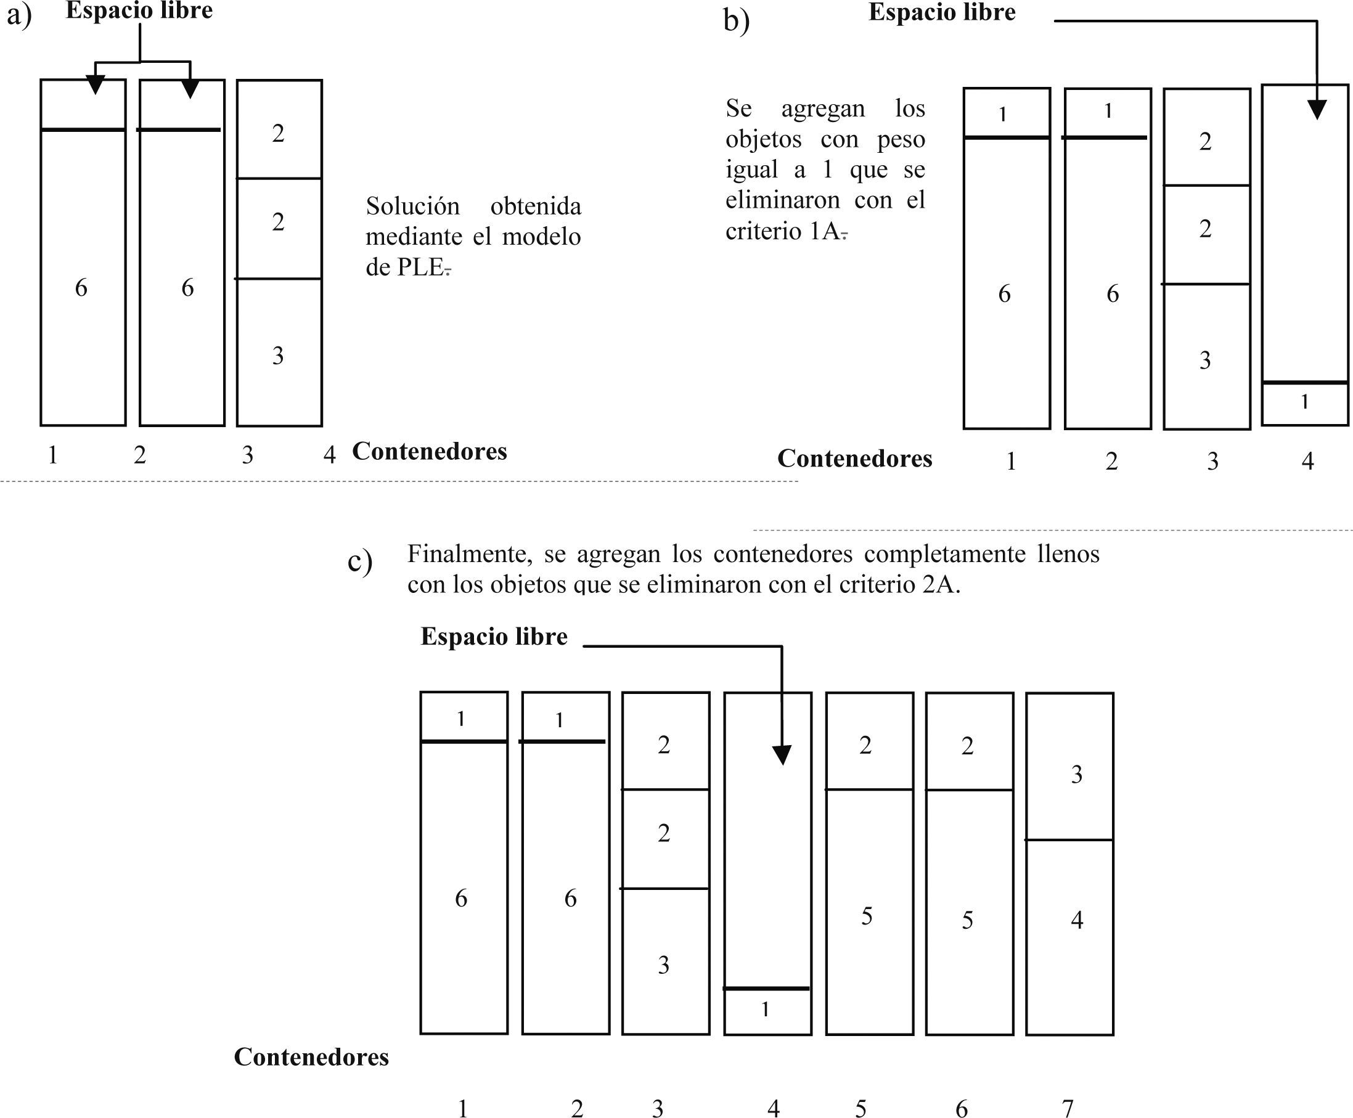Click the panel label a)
[18, 15]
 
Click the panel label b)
[736, 20]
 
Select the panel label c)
[359, 560]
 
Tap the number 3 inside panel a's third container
[277, 356]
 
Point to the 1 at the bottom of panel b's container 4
[1304, 402]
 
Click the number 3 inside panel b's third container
[1205, 360]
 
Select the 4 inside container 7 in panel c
[1077, 920]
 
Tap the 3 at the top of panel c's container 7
[1077, 774]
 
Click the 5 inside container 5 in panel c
[867, 916]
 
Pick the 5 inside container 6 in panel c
[967, 920]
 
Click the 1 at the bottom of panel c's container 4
[765, 1009]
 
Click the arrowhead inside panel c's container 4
[782, 755]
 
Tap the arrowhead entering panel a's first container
[96, 84]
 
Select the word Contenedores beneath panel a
[430, 451]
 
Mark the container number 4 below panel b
[1307, 461]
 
